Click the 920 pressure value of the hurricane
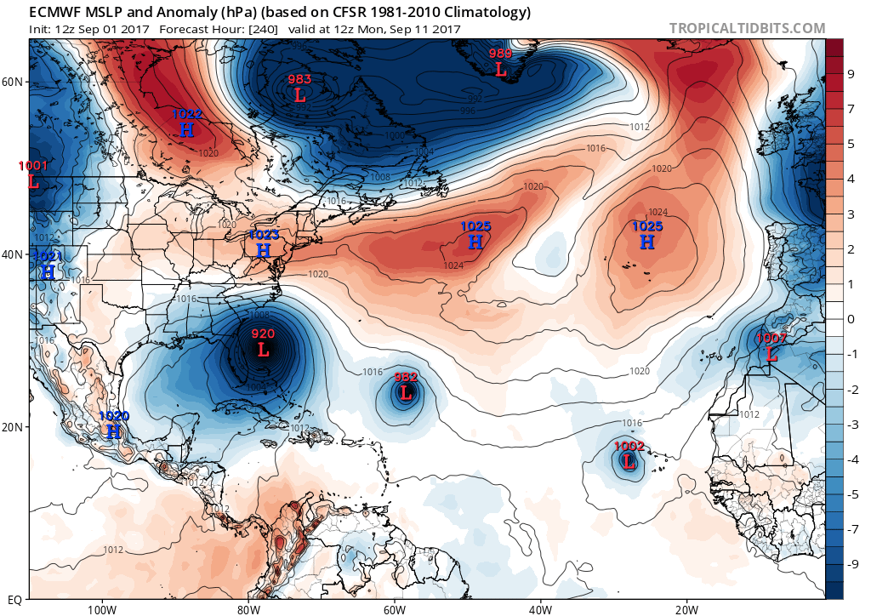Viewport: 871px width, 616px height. pyautogui.click(x=263, y=334)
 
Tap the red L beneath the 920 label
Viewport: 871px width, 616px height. pyautogui.click(x=263, y=349)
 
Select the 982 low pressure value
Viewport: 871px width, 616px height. pyautogui.click(x=406, y=377)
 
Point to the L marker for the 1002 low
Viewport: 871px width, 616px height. pyautogui.click(x=629, y=462)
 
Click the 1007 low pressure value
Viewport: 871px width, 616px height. pyautogui.click(x=771, y=339)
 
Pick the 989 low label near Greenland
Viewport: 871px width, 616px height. pyautogui.click(x=500, y=54)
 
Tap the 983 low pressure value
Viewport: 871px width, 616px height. pyautogui.click(x=299, y=79)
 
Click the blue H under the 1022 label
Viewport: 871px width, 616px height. pyautogui.click(x=187, y=129)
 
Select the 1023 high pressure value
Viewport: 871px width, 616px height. pyautogui.click(x=264, y=235)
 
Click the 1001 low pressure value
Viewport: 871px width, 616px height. pyautogui.click(x=33, y=166)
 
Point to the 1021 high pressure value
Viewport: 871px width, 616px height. pyautogui.click(x=47, y=256)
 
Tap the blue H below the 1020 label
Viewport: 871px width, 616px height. pyautogui.click(x=114, y=431)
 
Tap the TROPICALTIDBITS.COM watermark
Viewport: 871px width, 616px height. pyautogui.click(x=747, y=28)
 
